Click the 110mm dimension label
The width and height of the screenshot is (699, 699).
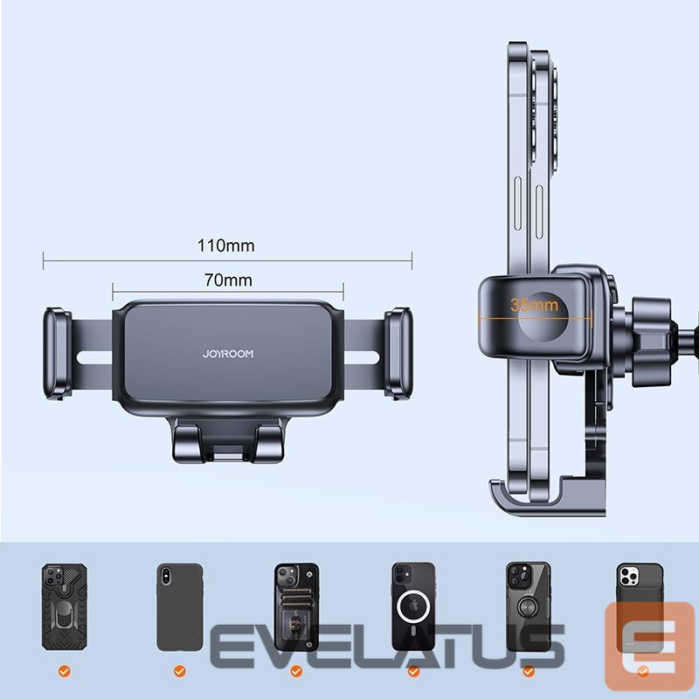tap(226, 246)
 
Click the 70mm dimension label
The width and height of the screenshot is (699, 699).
tap(228, 280)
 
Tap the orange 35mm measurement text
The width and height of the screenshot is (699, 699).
tap(534, 305)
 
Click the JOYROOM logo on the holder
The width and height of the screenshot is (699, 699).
tap(228, 354)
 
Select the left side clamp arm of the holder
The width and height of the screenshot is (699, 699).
tap(57, 353)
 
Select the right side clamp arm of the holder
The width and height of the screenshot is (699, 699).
tap(398, 353)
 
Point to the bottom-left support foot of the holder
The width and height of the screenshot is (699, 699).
tap(185, 443)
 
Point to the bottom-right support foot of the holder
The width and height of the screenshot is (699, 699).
tap(269, 443)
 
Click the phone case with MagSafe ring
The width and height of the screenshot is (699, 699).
tap(413, 606)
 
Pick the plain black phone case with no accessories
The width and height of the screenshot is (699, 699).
tap(180, 606)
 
